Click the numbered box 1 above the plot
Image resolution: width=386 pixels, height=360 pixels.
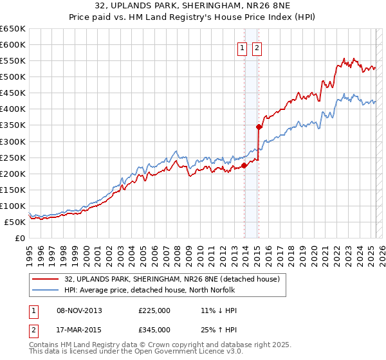tap(243, 48)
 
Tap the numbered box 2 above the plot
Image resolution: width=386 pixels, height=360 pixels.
tap(257, 48)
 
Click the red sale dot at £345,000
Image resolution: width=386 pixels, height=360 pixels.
tap(259, 127)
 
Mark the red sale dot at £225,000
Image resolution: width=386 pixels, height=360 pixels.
tap(244, 165)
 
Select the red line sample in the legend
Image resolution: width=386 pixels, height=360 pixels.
tap(46, 280)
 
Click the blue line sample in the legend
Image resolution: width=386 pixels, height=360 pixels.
tap(46, 289)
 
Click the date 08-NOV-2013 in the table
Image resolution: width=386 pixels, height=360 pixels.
tap(80, 310)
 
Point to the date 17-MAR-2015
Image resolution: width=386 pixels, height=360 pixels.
tap(80, 331)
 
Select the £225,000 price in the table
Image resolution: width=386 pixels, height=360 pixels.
tap(154, 310)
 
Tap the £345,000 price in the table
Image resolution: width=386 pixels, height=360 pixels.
tap(154, 331)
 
